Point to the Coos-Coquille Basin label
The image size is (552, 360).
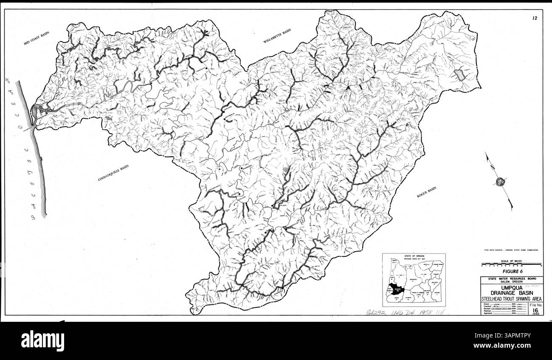click(113, 174)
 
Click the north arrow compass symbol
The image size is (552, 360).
click(499, 181)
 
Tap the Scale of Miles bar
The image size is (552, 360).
click(511, 264)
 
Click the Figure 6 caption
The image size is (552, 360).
click(511, 270)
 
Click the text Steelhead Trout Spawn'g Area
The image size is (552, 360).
click(511, 299)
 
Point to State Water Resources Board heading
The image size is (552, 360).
click(511, 279)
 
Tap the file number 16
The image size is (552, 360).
click(535, 310)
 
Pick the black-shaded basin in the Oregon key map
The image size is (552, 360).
click(397, 290)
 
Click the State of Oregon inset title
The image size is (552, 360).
click(414, 256)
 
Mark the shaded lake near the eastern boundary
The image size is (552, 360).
click(459, 76)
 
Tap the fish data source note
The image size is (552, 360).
click(511, 250)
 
